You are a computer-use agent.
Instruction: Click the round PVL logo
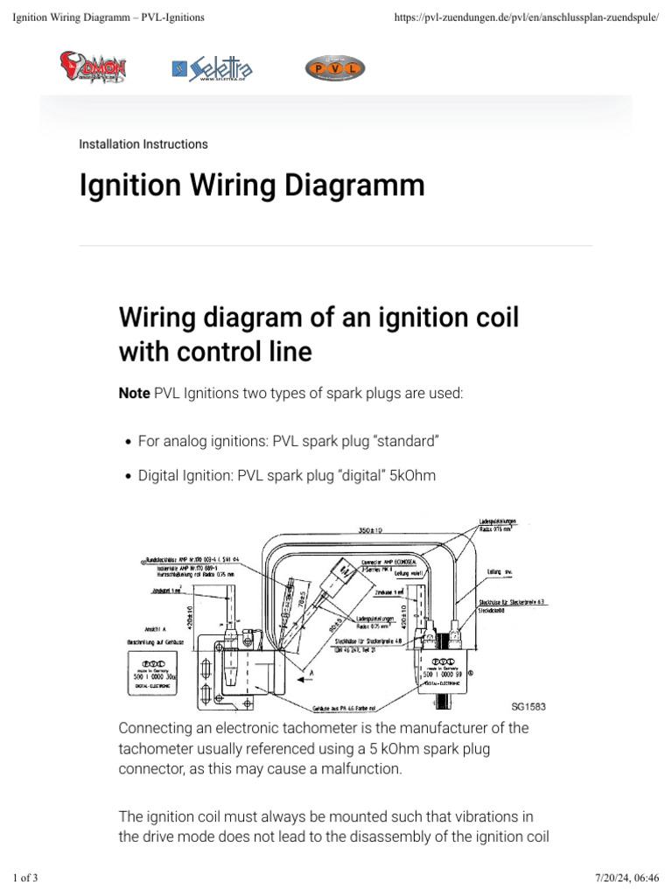click(x=334, y=68)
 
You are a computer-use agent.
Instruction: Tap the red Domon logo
click(x=93, y=68)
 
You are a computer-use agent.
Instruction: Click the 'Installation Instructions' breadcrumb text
click(x=143, y=143)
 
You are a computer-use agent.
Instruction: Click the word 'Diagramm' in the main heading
click(x=350, y=185)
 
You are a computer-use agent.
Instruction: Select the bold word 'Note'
click(x=134, y=395)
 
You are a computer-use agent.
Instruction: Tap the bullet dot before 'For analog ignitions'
click(x=128, y=444)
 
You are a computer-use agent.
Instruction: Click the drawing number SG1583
click(x=528, y=705)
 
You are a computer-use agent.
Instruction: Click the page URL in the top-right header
click(x=521, y=17)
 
